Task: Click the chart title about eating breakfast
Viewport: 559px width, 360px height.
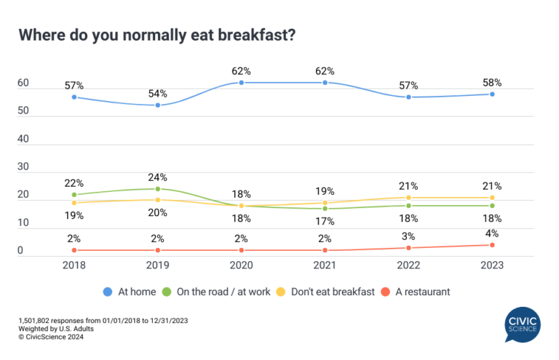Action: coord(156,36)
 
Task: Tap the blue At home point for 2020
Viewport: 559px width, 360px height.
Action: coord(242,83)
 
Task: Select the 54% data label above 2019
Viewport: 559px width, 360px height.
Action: coord(158,93)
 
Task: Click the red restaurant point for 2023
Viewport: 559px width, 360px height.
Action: coord(492,244)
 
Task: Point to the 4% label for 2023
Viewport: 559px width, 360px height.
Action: coord(492,233)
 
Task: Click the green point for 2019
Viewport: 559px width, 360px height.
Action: coord(158,189)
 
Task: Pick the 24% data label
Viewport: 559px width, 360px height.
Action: coord(158,177)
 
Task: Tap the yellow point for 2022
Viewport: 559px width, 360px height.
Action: coord(409,197)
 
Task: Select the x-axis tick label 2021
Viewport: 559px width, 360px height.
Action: coord(325,265)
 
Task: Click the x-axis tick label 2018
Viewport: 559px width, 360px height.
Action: coord(74,265)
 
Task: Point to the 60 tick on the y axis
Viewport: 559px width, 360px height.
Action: coord(23,84)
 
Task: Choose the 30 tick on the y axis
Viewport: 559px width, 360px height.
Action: coord(23,167)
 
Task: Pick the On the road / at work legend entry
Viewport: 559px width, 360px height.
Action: coord(222,292)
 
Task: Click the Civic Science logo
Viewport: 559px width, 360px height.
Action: coord(523,325)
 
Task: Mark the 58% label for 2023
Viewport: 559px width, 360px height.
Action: coord(492,82)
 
